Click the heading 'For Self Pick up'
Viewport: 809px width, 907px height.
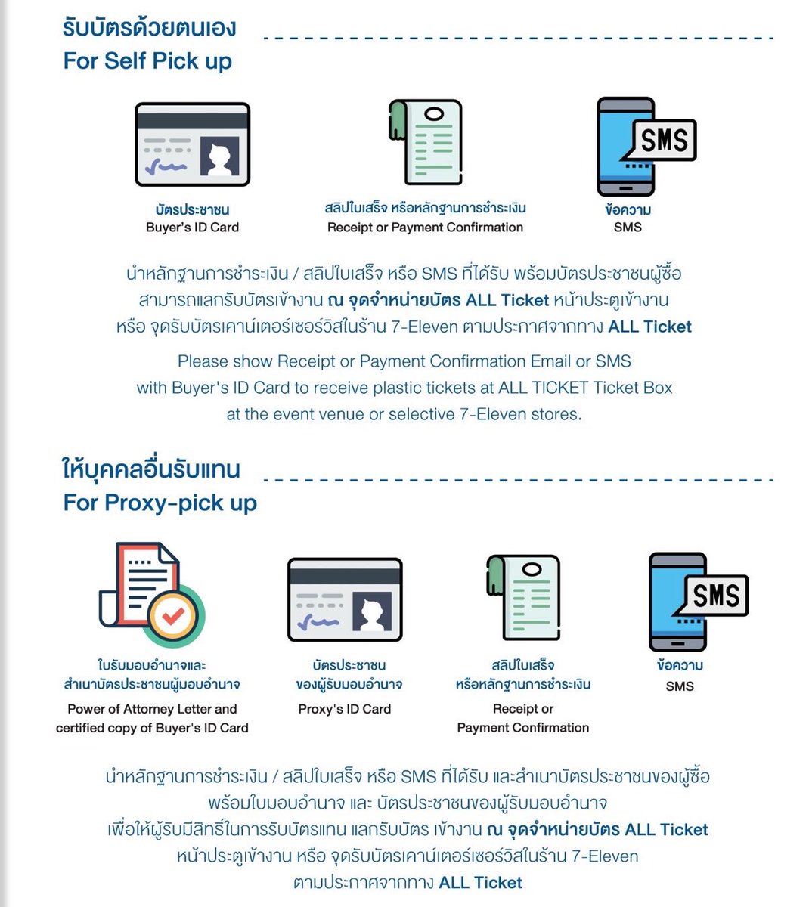(x=148, y=61)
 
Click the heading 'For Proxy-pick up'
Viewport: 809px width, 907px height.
(x=160, y=503)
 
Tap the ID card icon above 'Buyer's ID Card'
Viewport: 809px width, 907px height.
(x=192, y=144)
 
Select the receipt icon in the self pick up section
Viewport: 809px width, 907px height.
(x=425, y=142)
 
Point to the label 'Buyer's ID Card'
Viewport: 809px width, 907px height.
(x=192, y=228)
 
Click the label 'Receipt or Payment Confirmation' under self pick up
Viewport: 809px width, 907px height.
(x=425, y=228)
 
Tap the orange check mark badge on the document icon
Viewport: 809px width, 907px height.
(x=173, y=615)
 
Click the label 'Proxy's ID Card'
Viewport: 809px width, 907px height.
(x=345, y=709)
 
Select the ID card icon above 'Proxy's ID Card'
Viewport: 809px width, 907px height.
(x=345, y=599)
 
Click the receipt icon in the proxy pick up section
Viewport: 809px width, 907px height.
(x=523, y=598)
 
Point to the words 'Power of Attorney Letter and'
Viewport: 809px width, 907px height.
(x=152, y=709)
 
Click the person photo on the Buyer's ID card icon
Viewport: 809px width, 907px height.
(x=219, y=156)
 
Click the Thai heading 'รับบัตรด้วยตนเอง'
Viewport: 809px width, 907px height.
(x=149, y=28)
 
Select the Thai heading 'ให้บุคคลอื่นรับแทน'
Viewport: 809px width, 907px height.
(x=151, y=469)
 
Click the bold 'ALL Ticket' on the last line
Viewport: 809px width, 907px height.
(x=480, y=882)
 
